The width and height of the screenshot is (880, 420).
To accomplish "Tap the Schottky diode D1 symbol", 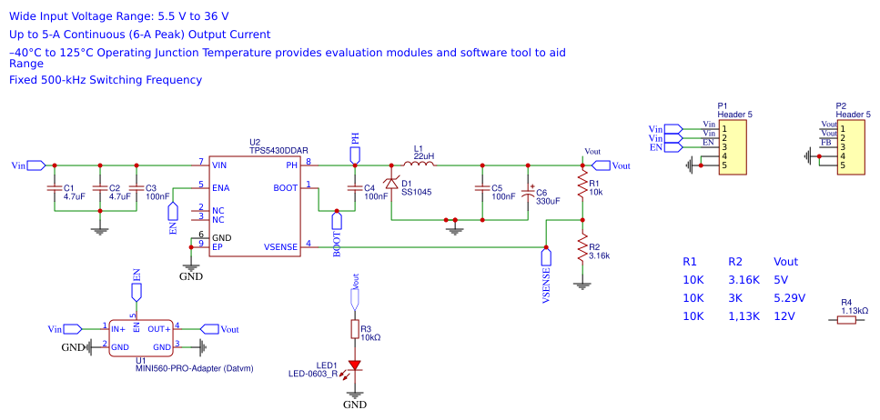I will [391, 184].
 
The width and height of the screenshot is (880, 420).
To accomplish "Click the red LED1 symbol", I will [355, 366].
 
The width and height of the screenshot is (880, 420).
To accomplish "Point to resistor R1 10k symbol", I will [582, 186].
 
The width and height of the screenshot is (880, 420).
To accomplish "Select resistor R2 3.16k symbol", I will [582, 250].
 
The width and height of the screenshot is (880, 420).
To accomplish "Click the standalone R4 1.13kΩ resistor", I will [846, 319].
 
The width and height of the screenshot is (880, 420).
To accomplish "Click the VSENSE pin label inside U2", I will [281, 246].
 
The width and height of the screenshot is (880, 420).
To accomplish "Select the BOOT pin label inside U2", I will [285, 188].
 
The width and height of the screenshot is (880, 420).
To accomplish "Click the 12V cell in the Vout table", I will [784, 316].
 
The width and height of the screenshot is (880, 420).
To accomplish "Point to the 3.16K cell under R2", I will [743, 280].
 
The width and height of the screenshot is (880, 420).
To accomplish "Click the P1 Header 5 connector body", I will [733, 146].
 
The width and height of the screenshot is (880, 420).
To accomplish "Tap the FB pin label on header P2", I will [825, 143].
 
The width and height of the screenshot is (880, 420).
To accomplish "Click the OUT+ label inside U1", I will [159, 328].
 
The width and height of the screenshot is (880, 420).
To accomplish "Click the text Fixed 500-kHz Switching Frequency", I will [106, 80].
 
